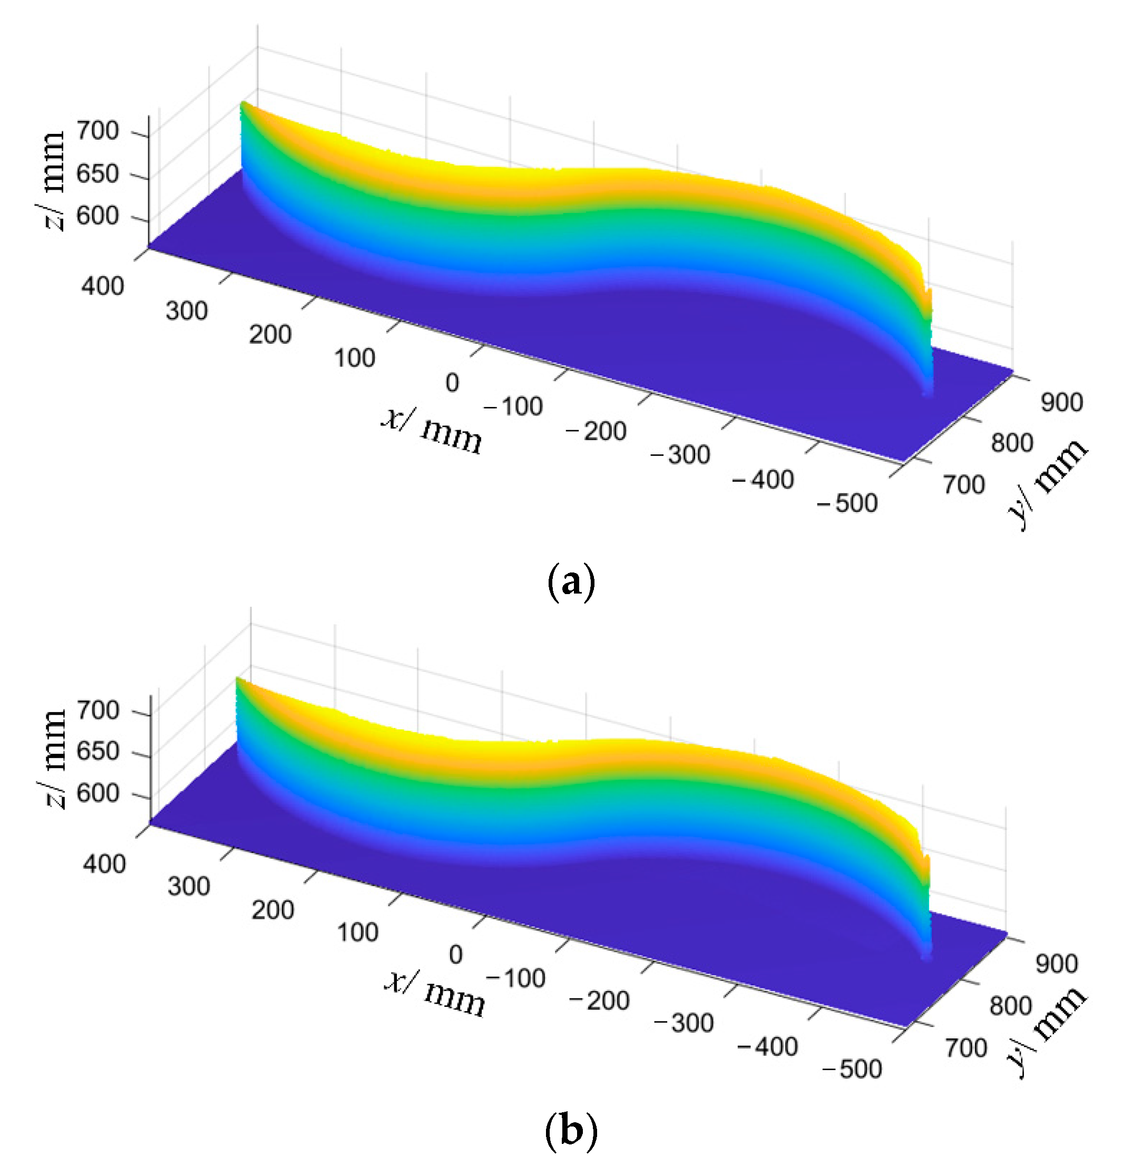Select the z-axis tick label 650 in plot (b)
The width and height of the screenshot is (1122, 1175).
click(97, 751)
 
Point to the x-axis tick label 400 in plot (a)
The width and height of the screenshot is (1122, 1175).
click(103, 286)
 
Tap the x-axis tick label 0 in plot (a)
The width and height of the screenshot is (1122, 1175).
click(452, 382)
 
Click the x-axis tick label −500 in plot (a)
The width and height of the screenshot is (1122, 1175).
click(847, 503)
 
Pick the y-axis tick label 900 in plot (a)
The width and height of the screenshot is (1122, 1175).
click(1061, 402)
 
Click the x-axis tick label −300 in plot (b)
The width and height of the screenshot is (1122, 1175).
click(684, 1023)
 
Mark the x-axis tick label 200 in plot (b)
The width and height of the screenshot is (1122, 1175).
click(272, 910)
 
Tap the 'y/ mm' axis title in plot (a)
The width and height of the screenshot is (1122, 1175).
click(1048, 483)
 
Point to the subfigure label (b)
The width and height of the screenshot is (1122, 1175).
click(571, 1131)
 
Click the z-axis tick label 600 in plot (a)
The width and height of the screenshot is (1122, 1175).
click(97, 216)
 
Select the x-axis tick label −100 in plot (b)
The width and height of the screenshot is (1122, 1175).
click(515, 978)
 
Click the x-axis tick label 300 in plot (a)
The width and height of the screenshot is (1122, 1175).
click(187, 310)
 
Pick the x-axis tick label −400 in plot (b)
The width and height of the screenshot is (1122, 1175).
click(768, 1046)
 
